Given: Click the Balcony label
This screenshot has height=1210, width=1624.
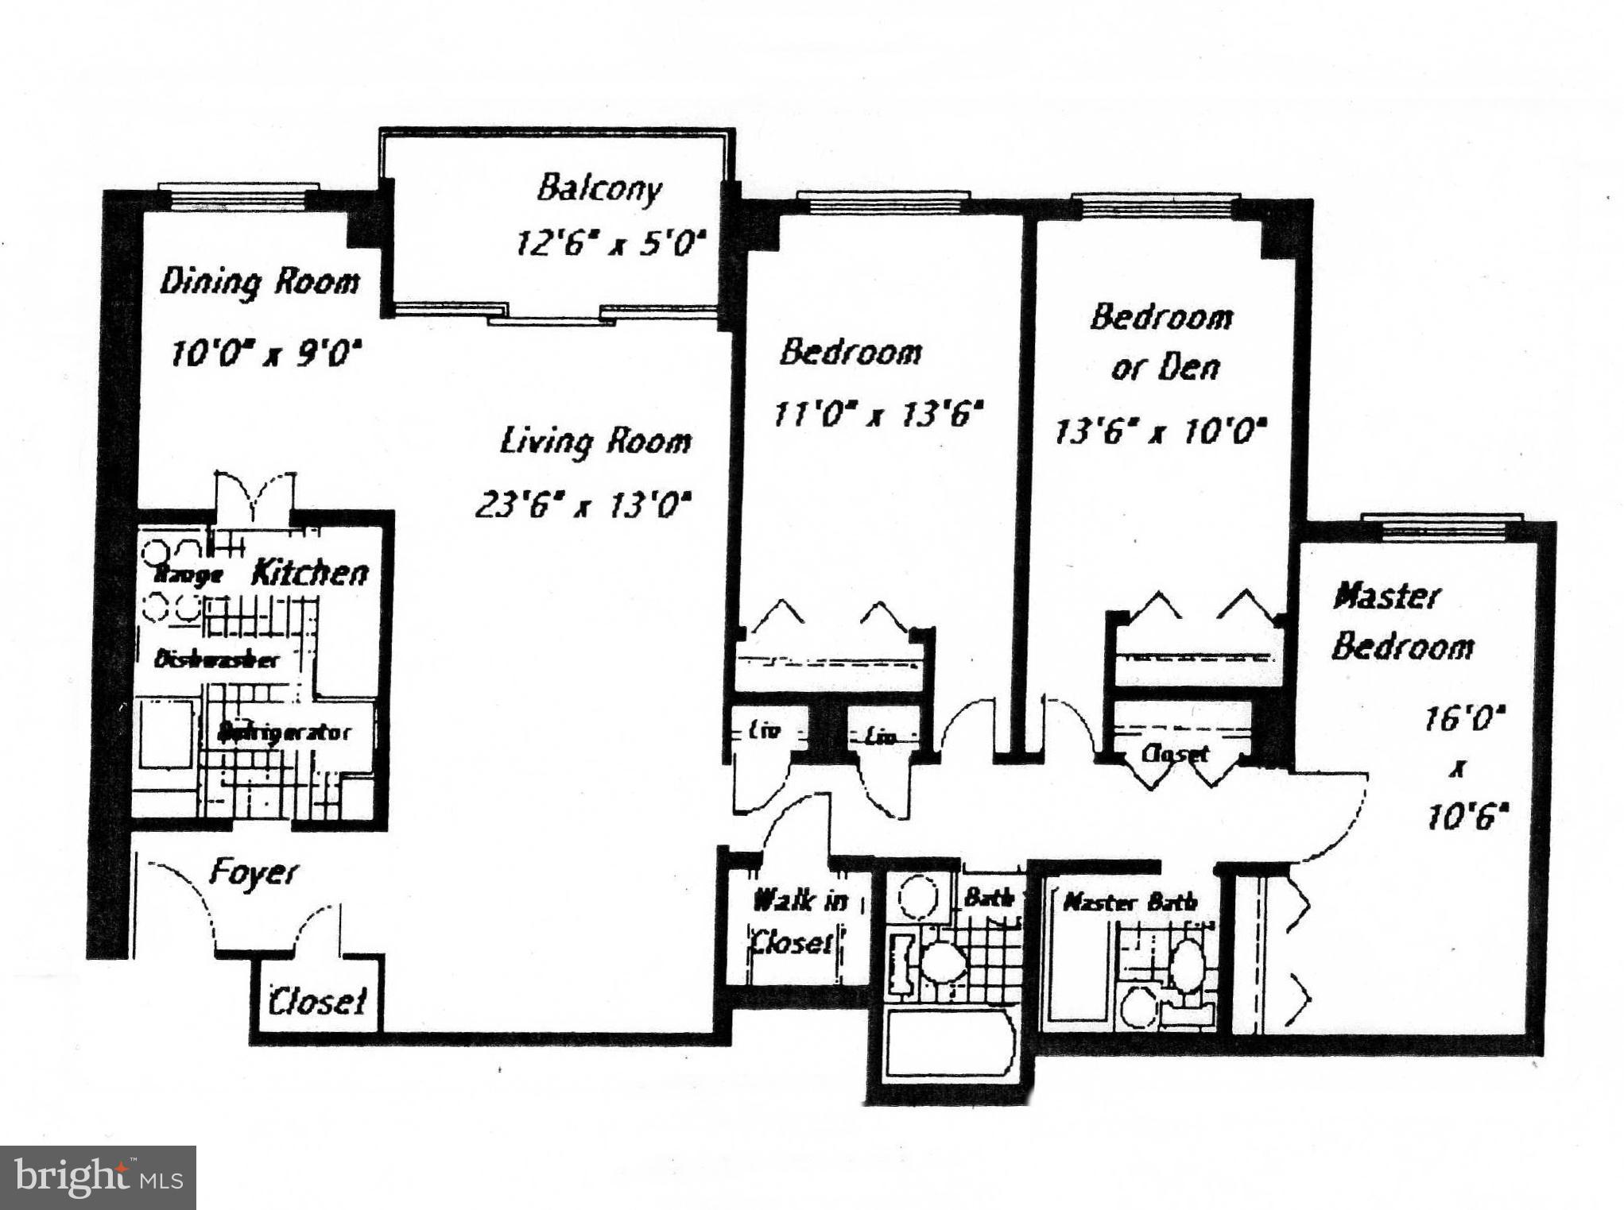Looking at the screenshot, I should (599, 189).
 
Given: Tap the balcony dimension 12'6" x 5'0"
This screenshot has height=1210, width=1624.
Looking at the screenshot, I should (610, 242).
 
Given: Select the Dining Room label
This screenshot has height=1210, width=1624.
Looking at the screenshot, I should (260, 283).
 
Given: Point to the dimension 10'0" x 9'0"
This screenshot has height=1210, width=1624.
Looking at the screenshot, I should (266, 353).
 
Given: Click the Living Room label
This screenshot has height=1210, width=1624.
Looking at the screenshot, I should (595, 442).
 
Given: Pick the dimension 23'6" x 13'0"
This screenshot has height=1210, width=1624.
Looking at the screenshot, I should (583, 504).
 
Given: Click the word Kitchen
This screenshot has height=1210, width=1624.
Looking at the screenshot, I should (310, 573).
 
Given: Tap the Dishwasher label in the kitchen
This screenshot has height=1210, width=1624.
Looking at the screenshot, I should (216, 659).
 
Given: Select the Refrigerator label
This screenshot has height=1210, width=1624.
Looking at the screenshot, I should (284, 732).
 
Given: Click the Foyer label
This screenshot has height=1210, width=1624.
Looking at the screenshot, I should (253, 874).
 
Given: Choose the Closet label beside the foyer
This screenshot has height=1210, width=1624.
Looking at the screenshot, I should (317, 1001).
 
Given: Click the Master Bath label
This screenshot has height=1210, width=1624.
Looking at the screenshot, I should (1130, 902).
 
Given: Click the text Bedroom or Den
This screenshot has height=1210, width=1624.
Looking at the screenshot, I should (1162, 342).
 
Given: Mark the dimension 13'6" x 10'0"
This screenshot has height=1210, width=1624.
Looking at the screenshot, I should (1160, 432).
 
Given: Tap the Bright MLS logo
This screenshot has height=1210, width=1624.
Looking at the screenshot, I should (98, 1177).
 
